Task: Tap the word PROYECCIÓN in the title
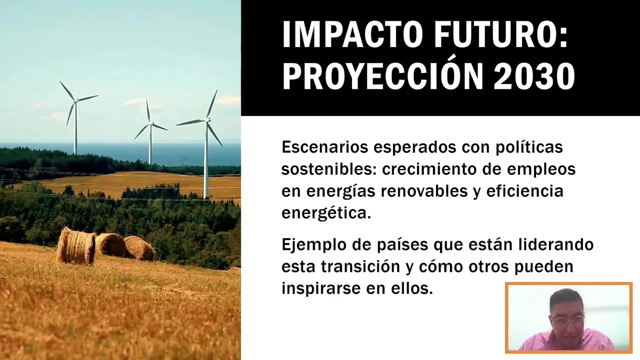click(382, 75)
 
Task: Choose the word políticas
click(529, 147)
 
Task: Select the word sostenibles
click(329, 169)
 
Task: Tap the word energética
click(326, 213)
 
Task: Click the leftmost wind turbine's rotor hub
click(76, 100)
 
